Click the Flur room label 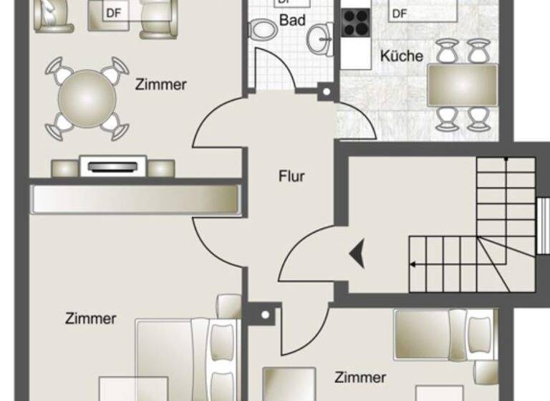pyautogui.click(x=291, y=176)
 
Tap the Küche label pyautogui.click(x=402, y=56)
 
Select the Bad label pyautogui.click(x=292, y=20)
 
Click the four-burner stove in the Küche pyautogui.click(x=356, y=22)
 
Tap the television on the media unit pyautogui.click(x=113, y=167)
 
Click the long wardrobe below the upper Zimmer pyautogui.click(x=135, y=199)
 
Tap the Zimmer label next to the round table pyautogui.click(x=161, y=84)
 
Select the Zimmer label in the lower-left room pyautogui.click(x=90, y=318)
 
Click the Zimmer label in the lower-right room pyautogui.click(x=360, y=377)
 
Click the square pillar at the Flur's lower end pyautogui.click(x=265, y=314)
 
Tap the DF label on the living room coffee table pyautogui.click(x=113, y=13)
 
